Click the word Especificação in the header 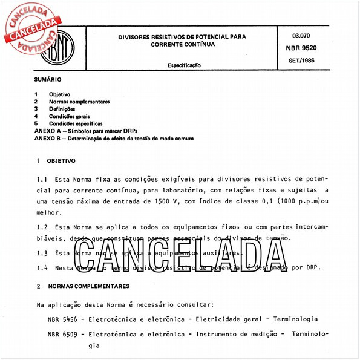pos(184,64)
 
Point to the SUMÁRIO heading pos(48,80)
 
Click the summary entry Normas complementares pos(79,102)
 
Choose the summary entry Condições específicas pos(76,123)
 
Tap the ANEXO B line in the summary pos(114,138)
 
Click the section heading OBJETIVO pos(61,161)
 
